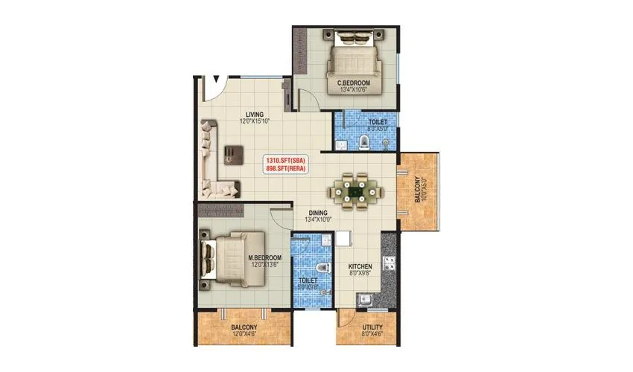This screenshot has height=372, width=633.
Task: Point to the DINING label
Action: click(x=319, y=212)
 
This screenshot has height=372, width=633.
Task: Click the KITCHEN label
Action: click(x=360, y=266)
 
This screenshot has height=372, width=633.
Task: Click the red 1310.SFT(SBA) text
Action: click(x=286, y=161)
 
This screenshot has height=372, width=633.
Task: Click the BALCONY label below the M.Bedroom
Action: click(x=244, y=327)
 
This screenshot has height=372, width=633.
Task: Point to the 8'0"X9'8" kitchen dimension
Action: click(x=360, y=274)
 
